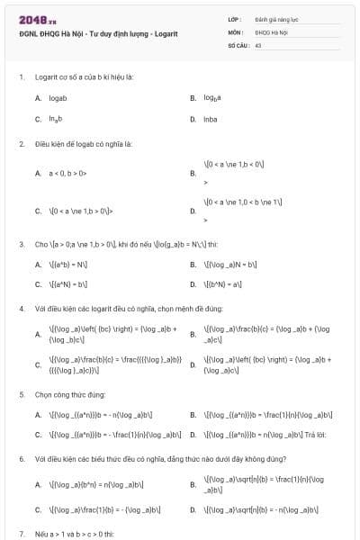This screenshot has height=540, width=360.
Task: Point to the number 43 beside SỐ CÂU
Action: [x=258, y=43]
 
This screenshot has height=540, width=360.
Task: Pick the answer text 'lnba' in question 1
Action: [x=211, y=119]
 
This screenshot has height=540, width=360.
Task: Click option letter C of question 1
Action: [x=38, y=119]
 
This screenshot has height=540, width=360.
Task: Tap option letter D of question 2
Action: [x=193, y=211]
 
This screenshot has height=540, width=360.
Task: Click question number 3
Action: [x=21, y=243]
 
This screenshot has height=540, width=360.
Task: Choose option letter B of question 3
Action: [x=193, y=265]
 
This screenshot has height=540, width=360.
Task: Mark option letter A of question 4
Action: [x=38, y=335]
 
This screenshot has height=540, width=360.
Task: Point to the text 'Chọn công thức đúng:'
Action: [x=65, y=394]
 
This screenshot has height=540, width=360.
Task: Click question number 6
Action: [x=21, y=458]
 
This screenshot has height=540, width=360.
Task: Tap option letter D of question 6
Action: [x=193, y=509]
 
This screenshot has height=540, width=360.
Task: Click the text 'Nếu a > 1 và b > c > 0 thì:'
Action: [x=71, y=533]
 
